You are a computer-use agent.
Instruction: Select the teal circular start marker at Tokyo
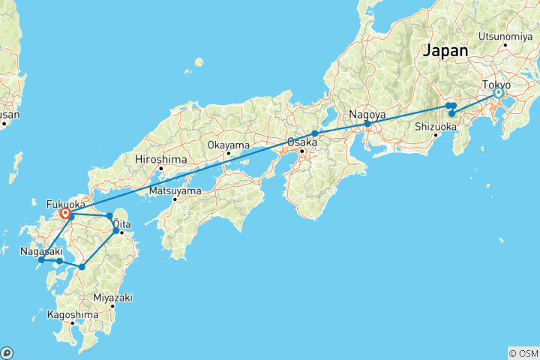click(498, 94)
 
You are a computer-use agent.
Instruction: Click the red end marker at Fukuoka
click(66, 214)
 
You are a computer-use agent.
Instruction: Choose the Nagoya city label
click(366, 115)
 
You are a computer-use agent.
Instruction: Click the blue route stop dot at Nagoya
click(367, 124)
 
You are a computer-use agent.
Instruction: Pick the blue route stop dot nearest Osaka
click(315, 133)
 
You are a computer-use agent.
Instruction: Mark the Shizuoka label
click(436, 127)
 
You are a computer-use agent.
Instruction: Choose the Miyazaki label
click(112, 298)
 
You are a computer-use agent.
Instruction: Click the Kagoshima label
click(72, 315)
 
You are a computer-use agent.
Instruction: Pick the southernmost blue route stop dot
click(82, 266)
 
